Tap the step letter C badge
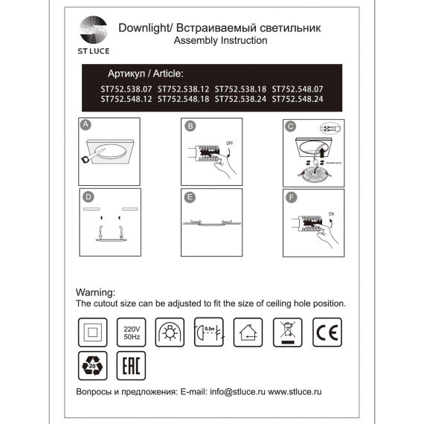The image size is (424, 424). coord(291,126)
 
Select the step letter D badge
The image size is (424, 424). coord(88,197)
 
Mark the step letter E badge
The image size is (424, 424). coord(190,197)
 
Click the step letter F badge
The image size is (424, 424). coord(291,197)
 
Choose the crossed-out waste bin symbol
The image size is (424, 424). coord(286,330)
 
